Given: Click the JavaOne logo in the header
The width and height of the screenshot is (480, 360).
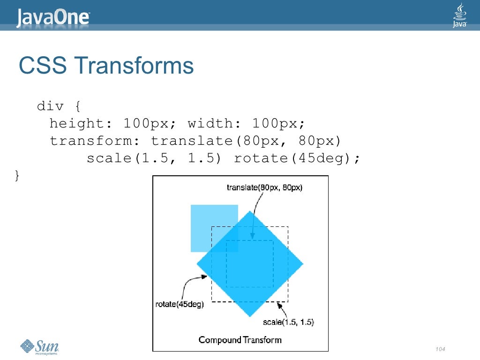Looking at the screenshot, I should (53, 17).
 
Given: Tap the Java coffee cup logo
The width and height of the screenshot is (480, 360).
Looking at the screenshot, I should (460, 15).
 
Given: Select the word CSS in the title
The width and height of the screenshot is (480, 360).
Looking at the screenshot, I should (42, 66).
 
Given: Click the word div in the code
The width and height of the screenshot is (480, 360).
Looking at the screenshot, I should (50, 106).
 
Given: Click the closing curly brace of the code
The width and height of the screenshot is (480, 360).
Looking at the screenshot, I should (17, 175).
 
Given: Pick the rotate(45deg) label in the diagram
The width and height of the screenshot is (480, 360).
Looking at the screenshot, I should (179, 304).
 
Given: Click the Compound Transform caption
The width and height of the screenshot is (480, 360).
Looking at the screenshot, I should (240, 339).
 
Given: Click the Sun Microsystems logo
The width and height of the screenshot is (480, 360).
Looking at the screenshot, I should (40, 347).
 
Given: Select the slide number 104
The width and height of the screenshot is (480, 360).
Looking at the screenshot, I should (440, 349).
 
